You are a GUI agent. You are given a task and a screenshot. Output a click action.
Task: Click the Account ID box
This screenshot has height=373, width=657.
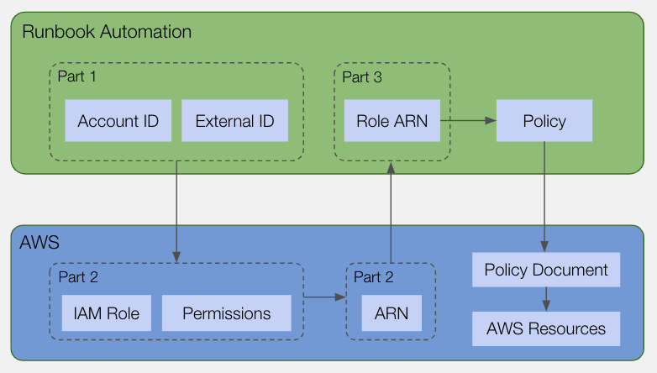pos(118,121)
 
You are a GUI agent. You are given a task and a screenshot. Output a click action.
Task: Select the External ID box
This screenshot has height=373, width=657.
pos(234,121)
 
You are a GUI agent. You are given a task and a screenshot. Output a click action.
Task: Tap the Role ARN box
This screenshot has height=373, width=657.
pos(392,121)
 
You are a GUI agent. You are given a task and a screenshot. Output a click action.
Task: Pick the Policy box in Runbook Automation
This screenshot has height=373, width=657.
pos(544,121)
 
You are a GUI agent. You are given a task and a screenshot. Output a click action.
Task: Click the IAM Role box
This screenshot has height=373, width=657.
pos(107,313)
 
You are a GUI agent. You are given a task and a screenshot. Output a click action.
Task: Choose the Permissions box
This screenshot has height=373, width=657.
pos(227,313)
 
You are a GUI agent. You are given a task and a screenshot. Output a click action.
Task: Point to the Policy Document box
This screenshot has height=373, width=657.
pos(546,270)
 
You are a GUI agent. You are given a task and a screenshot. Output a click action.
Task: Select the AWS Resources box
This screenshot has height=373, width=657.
pos(546,328)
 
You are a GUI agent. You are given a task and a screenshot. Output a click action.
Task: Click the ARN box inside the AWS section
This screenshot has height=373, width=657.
pos(392,313)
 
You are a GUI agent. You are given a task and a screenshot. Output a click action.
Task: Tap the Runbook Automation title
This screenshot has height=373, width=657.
pos(107,32)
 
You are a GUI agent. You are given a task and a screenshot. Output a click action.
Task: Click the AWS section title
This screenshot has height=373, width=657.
pos(39,242)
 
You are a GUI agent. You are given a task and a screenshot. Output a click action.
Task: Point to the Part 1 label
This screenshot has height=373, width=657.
pos(76,76)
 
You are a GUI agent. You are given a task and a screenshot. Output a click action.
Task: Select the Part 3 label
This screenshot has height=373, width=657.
pos(362,77)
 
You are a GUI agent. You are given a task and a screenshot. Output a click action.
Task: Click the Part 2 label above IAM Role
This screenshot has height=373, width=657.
pos(78,277)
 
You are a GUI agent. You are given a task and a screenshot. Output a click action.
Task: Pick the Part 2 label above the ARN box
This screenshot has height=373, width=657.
pos(374,277)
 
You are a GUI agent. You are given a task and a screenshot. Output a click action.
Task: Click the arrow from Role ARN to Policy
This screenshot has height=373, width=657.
pos(469,121)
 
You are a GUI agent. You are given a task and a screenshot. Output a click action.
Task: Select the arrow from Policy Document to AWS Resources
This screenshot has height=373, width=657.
pos(546,299)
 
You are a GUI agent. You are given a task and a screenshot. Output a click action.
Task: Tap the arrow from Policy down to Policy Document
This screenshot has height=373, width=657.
pos(544,197)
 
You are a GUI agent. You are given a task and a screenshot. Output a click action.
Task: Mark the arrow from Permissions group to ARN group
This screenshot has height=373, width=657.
pos(325,297)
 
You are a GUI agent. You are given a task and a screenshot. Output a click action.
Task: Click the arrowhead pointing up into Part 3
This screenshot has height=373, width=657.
pos(391,168)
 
